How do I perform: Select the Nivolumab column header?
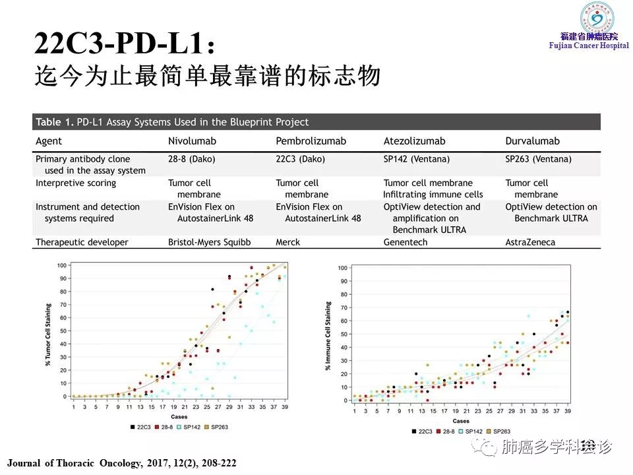(192, 141)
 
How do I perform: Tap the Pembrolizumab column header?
(311, 141)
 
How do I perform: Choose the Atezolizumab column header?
(414, 141)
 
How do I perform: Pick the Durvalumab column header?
(532, 141)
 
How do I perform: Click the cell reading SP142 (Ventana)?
(417, 159)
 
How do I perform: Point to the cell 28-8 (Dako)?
(192, 159)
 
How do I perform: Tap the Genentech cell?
(406, 242)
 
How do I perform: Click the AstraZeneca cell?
(530, 242)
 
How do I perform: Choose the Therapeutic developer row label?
(82, 242)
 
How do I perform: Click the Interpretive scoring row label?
(76, 183)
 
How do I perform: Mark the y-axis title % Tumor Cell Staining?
(47, 331)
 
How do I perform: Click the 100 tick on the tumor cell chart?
(62, 265)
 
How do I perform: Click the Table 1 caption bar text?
(172, 122)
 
